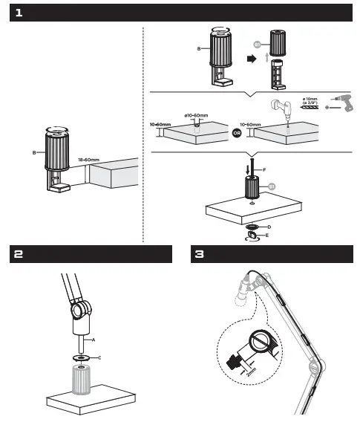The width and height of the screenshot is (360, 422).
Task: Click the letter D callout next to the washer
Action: (269, 225)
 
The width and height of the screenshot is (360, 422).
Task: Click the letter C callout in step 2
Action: (100, 357)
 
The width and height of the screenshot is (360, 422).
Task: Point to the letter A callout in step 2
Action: (94, 339)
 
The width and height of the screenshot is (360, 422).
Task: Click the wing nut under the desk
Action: (252, 235)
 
